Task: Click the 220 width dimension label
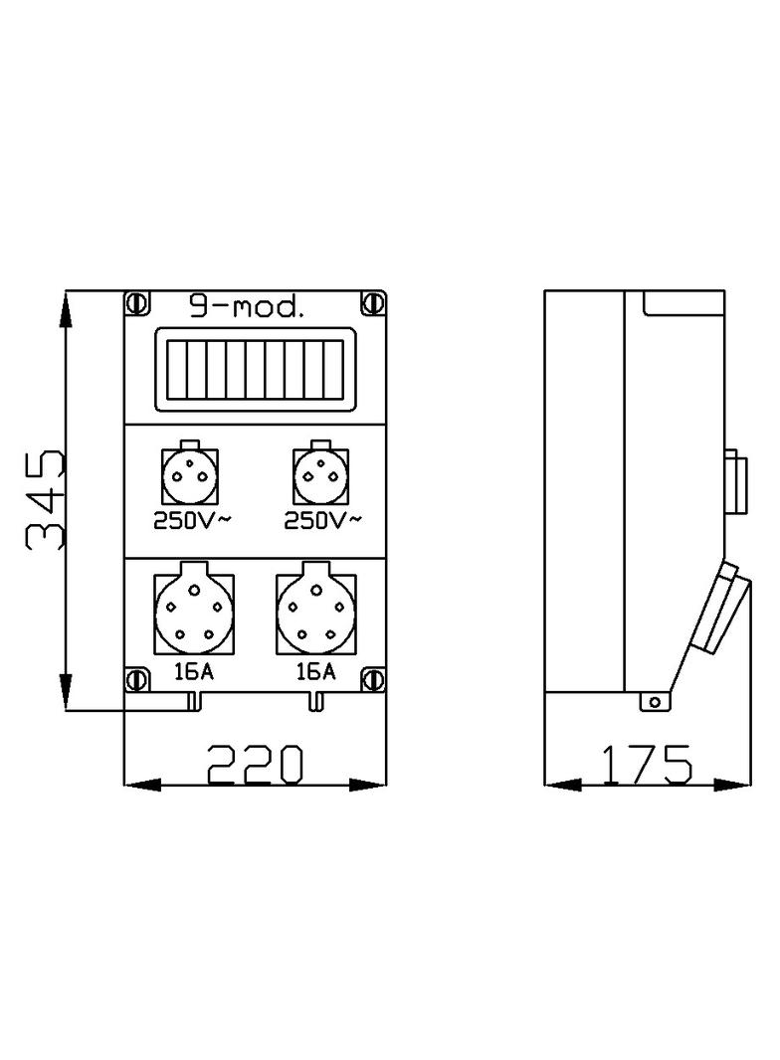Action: point(254,765)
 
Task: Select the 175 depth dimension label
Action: point(646,765)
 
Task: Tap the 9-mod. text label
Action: point(246,307)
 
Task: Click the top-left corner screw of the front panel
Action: point(136,301)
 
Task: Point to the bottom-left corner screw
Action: point(136,680)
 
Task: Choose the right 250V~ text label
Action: point(320,520)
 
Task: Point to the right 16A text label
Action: point(315,671)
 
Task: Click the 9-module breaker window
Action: point(254,370)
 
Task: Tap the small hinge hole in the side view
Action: point(654,702)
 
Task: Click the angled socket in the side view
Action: point(723,609)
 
